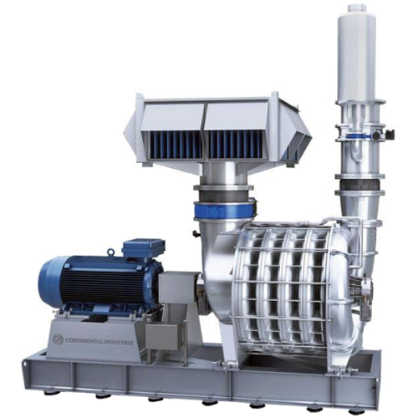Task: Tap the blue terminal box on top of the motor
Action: (142, 249)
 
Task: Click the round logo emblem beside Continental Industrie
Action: (57, 340)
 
